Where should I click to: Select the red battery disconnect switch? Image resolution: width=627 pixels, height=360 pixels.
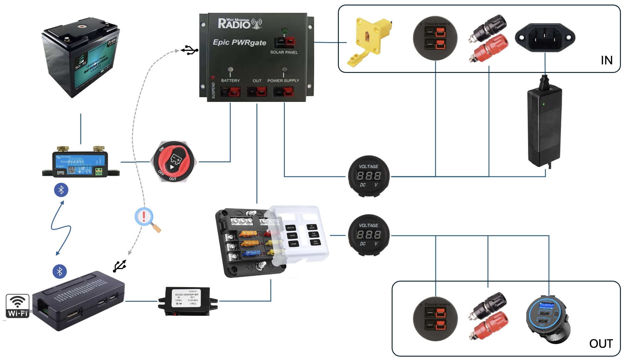(173, 162)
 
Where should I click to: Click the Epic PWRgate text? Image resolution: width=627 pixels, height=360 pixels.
(239, 42)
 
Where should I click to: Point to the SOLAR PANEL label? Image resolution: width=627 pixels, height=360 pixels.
(284, 52)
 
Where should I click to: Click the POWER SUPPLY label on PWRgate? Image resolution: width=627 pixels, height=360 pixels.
(283, 81)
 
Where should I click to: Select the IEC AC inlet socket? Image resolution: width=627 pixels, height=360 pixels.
(545, 38)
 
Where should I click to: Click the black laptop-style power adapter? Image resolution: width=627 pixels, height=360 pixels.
(545, 127)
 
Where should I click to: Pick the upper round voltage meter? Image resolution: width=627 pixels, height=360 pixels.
(369, 176)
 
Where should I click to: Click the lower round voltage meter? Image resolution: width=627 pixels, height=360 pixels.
(369, 235)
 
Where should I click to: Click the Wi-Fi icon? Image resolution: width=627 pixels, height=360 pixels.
(17, 306)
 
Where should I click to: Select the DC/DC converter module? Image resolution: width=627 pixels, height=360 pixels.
(187, 301)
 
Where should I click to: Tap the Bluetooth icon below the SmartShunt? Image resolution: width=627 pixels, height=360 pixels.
(61, 190)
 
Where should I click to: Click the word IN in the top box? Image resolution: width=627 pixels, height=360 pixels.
(606, 60)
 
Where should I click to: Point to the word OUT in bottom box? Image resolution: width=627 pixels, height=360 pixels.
(601, 344)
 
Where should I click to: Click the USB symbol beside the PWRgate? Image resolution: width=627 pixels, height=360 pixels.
(190, 50)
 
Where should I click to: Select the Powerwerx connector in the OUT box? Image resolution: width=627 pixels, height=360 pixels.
(435, 319)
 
